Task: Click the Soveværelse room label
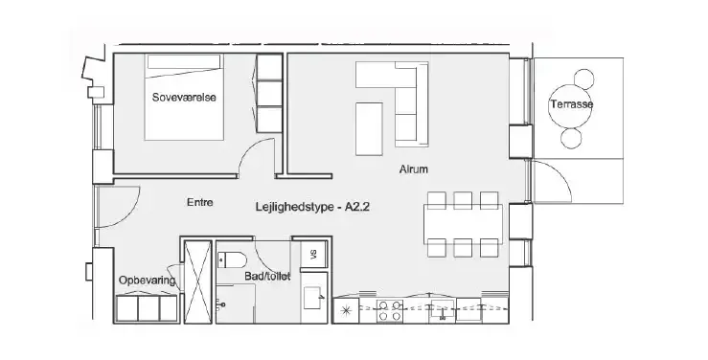click(184, 97)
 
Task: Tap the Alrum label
click(413, 169)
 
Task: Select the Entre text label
click(199, 203)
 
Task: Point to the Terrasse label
click(571, 104)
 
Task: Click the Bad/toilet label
click(267, 276)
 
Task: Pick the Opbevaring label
click(147, 281)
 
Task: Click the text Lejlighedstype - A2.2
click(312, 208)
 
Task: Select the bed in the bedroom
click(184, 97)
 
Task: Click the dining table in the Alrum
click(463, 224)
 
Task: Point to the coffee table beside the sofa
click(369, 129)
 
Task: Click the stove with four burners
click(390, 310)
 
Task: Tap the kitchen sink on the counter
click(443, 309)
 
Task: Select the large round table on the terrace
click(567, 106)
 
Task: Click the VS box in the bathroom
click(313, 255)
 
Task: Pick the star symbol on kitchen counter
click(346, 310)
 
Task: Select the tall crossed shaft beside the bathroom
click(197, 281)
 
